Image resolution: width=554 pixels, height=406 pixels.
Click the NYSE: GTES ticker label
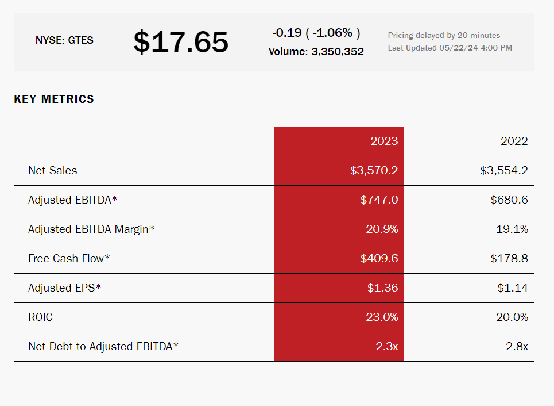pos(64,40)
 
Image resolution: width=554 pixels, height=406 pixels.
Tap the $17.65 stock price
pos(181,42)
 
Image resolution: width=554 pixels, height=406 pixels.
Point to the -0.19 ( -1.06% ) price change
pos(316,33)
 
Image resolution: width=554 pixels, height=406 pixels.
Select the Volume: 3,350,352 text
pos(316,52)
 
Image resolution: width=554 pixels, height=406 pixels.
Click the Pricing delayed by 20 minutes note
pos(444,35)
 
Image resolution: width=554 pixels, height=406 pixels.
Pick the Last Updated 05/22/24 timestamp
pos(450,48)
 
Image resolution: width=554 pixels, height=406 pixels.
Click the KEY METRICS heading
pos(54,99)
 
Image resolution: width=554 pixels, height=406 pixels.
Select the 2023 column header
pos(383,141)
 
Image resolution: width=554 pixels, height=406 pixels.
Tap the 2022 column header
pos(514,141)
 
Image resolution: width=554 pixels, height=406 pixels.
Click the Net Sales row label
pos(52,171)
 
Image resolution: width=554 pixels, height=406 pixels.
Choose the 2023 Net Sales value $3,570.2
pos(374,171)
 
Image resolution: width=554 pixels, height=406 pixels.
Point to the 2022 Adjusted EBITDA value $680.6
pos(509,200)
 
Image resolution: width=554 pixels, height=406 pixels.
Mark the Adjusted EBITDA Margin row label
pos(91,229)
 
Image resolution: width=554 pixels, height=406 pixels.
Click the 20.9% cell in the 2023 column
pos(382,229)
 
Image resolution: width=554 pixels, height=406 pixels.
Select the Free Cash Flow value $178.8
pos(509,259)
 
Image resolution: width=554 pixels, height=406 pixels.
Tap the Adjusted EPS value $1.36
pos(382,288)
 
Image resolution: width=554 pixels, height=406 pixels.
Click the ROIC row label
pos(40,317)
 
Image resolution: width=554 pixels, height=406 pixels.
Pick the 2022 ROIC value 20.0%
pos(512,317)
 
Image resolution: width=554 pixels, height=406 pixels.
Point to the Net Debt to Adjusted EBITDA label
pos(103,347)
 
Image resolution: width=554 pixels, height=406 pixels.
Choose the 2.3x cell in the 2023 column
pos(386,347)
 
